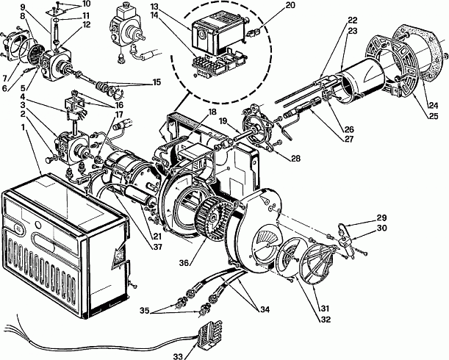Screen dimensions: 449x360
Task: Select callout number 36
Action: click(x=184, y=262)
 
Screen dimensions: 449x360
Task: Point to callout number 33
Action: click(x=178, y=356)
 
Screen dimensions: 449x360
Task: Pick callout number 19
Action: click(x=226, y=120)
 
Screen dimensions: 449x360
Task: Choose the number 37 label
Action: click(x=157, y=247)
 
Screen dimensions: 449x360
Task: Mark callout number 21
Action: click(x=157, y=237)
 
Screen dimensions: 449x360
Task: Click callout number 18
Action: click(x=212, y=112)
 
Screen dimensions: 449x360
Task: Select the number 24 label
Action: click(x=433, y=106)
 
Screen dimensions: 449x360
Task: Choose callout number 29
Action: click(x=381, y=217)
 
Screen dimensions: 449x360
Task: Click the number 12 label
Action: click(x=85, y=24)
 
